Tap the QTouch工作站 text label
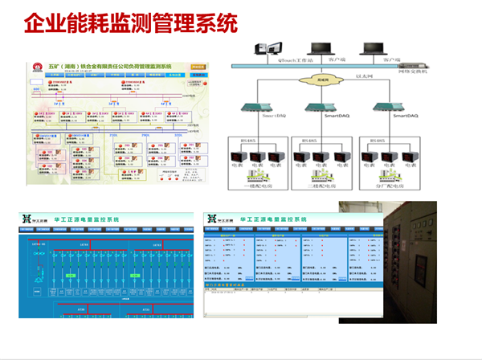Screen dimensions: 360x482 [x=278, y=59]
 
